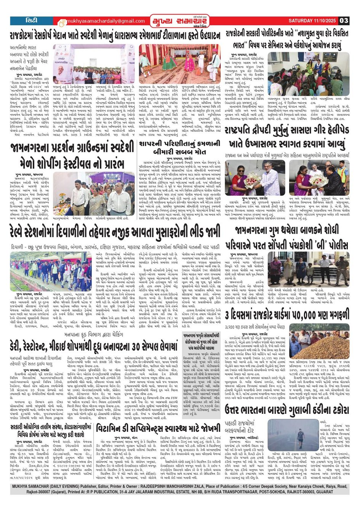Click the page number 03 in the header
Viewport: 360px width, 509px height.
[x=344, y=21]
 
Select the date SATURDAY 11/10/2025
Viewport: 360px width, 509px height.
[x=312, y=21]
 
